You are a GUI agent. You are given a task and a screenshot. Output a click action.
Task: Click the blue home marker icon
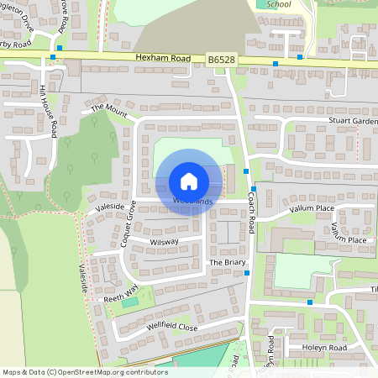tap(189, 181)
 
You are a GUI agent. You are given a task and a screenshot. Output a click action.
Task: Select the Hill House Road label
tap(49, 112)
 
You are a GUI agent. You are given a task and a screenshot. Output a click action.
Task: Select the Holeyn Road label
tap(325, 348)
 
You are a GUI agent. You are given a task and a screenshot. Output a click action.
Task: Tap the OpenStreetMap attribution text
tap(84, 372)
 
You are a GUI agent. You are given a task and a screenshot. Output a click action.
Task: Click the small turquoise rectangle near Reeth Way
tap(129, 302)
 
